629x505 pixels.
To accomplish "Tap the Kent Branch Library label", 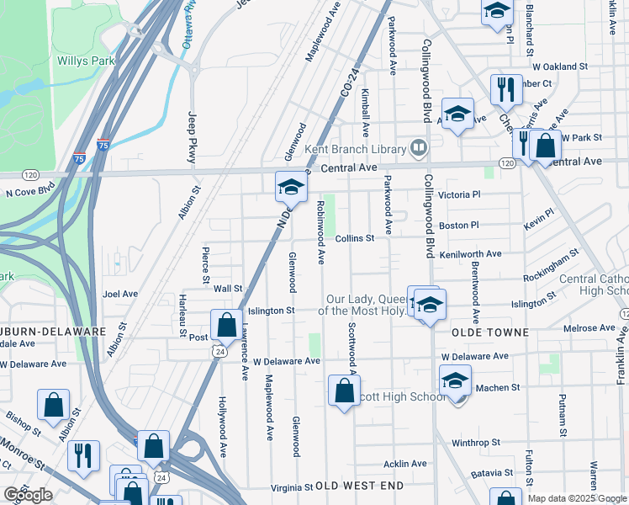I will (x=356, y=149).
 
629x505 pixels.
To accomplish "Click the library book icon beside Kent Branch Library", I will (x=419, y=149).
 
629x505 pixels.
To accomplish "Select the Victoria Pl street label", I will (x=458, y=194).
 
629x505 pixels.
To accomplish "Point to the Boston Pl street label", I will (x=458, y=226).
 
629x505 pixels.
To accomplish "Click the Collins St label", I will (x=354, y=239).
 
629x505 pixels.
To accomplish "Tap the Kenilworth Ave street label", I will (x=470, y=253).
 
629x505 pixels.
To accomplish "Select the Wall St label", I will (x=228, y=289).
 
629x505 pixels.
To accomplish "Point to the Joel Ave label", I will (x=119, y=295).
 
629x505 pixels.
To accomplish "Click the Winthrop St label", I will (x=475, y=442).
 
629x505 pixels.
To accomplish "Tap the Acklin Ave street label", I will (x=405, y=464).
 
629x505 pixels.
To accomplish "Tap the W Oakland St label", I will (x=559, y=66).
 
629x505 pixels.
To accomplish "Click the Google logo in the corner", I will (x=28, y=496).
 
